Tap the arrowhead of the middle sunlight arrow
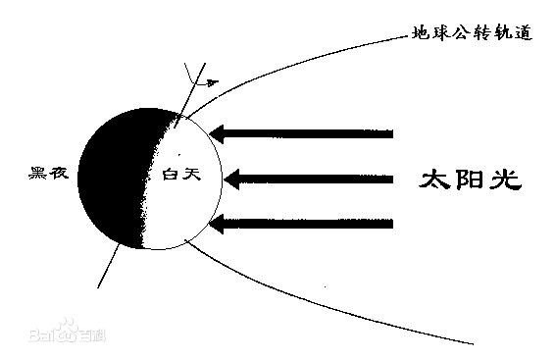coord(231,179)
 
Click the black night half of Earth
coord(113,177)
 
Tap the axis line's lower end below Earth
coord(100,285)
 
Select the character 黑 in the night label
coord(39,174)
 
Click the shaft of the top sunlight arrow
coord(314,132)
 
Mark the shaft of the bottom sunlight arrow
coord(314,225)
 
